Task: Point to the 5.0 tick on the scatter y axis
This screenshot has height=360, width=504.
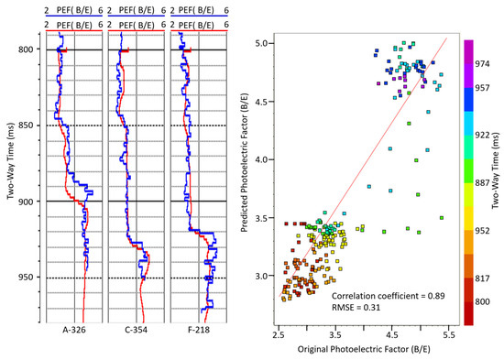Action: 266,43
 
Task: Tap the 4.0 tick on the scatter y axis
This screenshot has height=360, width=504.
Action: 266,159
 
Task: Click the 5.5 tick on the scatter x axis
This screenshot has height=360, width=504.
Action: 447,336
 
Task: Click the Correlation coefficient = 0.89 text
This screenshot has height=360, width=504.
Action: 386,297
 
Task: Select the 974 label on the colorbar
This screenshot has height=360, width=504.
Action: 485,64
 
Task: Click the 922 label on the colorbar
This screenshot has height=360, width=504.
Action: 485,136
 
